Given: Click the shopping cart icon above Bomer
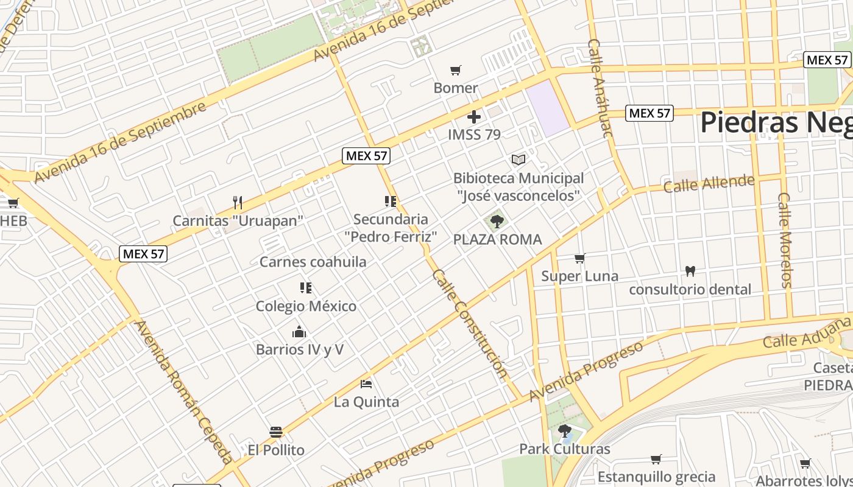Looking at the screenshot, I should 455,70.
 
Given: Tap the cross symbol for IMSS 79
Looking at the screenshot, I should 474,117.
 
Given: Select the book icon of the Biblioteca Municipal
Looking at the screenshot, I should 519,159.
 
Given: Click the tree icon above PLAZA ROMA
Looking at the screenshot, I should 497,221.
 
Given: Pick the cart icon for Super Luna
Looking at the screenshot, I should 580,258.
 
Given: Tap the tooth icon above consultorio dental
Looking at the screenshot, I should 690,271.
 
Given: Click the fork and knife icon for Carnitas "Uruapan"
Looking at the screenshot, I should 238,202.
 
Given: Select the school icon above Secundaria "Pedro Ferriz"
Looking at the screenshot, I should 391,201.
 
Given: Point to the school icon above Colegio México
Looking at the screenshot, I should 306,287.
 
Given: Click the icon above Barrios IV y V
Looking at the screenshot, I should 299,332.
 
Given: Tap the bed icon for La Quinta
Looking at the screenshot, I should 366,384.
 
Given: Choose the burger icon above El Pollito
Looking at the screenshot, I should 276,432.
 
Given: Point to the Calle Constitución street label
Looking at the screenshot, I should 469,324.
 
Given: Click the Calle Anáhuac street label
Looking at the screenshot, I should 600,88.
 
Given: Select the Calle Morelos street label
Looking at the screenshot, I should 785,240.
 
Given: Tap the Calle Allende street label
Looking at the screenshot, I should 709,183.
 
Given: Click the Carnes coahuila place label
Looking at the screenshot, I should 313,262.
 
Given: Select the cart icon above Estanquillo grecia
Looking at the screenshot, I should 656,459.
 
